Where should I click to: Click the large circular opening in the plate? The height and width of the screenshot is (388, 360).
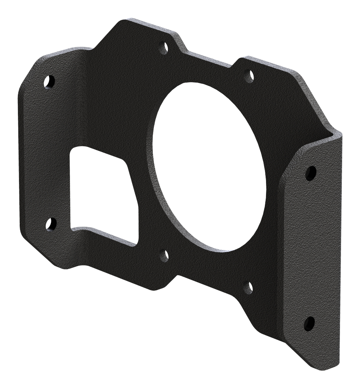point(210,165)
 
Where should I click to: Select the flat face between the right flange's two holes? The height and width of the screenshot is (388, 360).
point(310,248)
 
